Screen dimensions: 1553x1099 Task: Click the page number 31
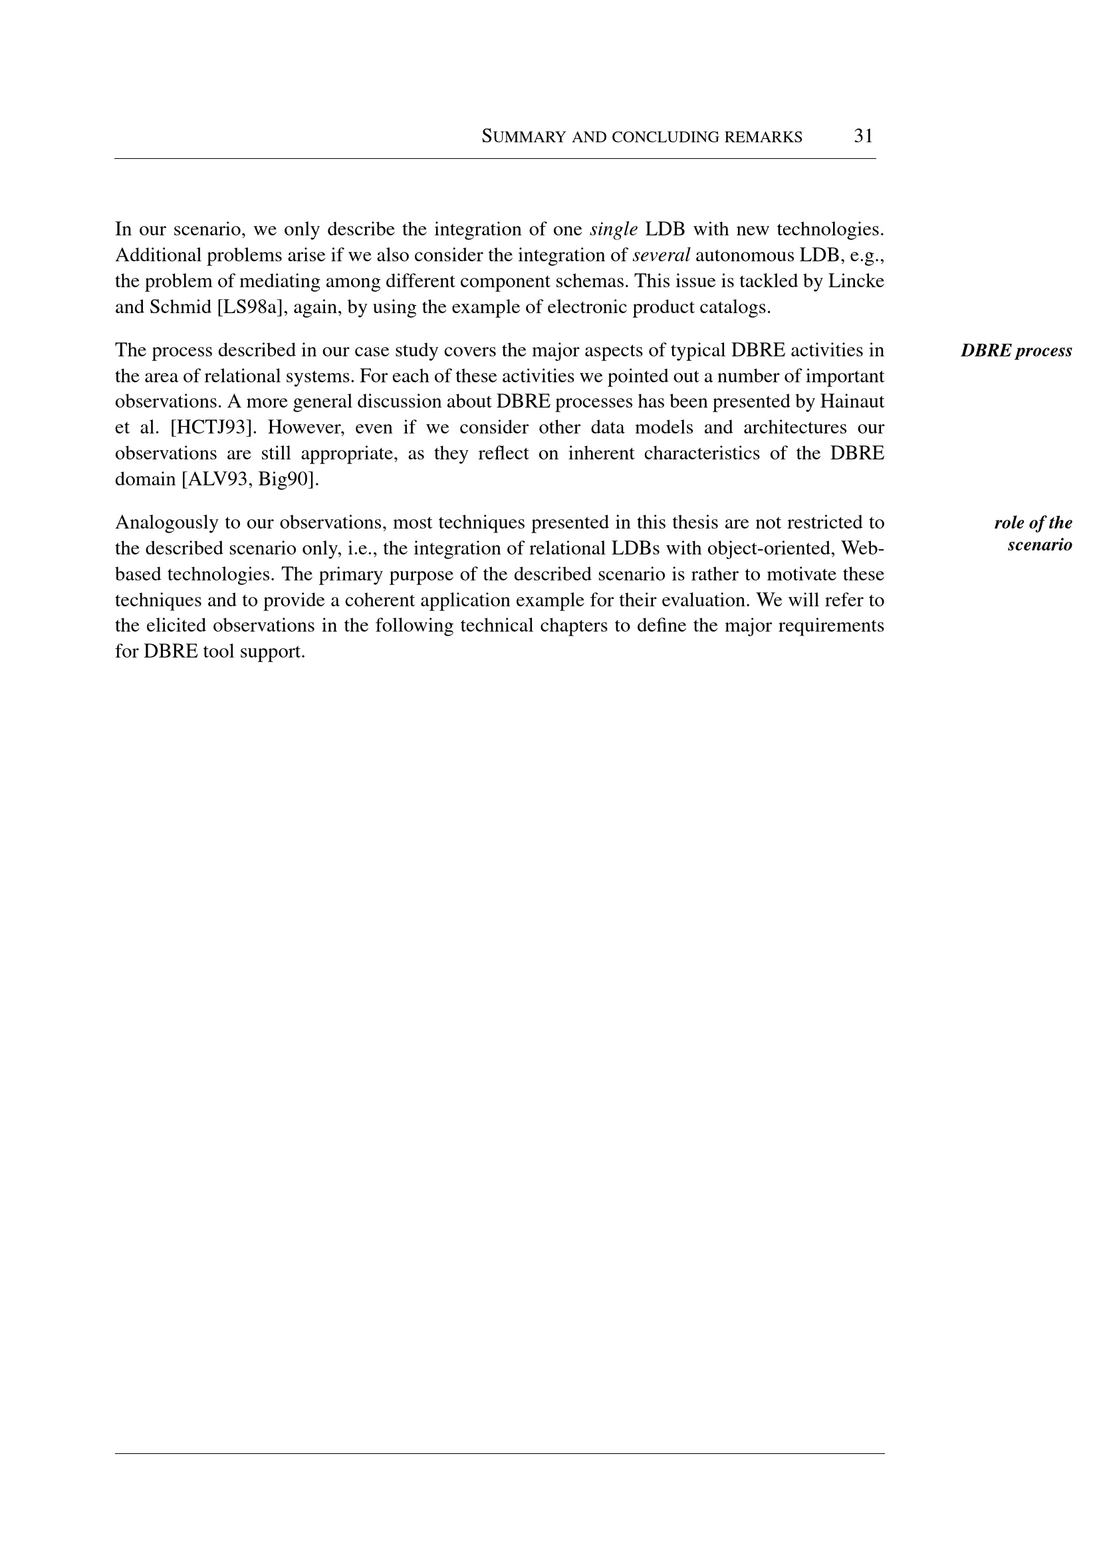(x=863, y=136)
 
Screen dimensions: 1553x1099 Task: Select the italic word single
(x=614, y=229)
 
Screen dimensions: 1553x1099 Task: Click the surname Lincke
(x=856, y=281)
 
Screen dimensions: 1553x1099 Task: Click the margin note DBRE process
(x=1017, y=350)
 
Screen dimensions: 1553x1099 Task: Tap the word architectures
(x=795, y=427)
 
